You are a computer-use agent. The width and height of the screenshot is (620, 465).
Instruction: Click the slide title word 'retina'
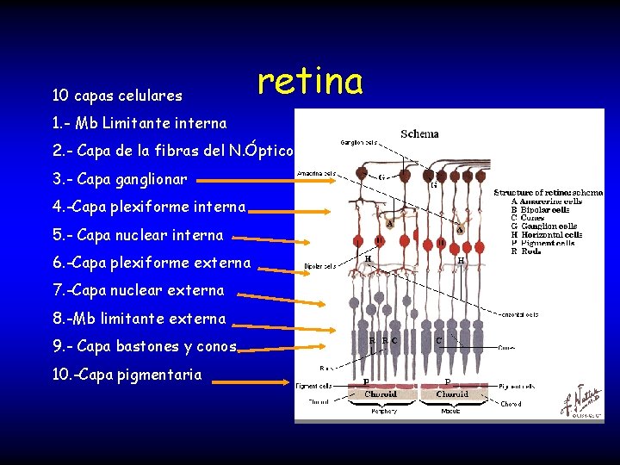pos(310,82)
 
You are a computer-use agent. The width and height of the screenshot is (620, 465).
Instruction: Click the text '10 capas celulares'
pos(117,95)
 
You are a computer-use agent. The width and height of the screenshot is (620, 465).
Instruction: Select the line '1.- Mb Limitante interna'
pos(139,123)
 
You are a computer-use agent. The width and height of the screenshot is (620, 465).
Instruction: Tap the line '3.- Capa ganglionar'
pos(113,180)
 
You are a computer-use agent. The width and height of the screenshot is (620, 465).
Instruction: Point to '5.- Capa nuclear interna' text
pos(138,235)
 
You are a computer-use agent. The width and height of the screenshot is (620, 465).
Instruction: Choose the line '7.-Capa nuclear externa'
pos(138,290)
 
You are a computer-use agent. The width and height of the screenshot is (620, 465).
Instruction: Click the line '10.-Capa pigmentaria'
pos(127,375)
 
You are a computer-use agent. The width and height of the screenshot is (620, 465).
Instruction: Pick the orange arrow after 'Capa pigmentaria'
pos(249,381)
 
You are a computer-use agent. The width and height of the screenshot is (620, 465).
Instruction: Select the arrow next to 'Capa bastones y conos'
pos(263,350)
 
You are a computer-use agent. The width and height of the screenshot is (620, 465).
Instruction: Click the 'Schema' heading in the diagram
pos(419,133)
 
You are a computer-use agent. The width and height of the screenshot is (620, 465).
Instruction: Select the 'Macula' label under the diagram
pos(451,412)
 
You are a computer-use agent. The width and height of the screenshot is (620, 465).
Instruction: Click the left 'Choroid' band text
pos(380,394)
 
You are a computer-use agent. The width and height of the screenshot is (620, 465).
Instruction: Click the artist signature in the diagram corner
pos(582,401)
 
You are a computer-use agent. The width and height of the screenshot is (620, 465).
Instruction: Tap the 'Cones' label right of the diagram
pos(509,348)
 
